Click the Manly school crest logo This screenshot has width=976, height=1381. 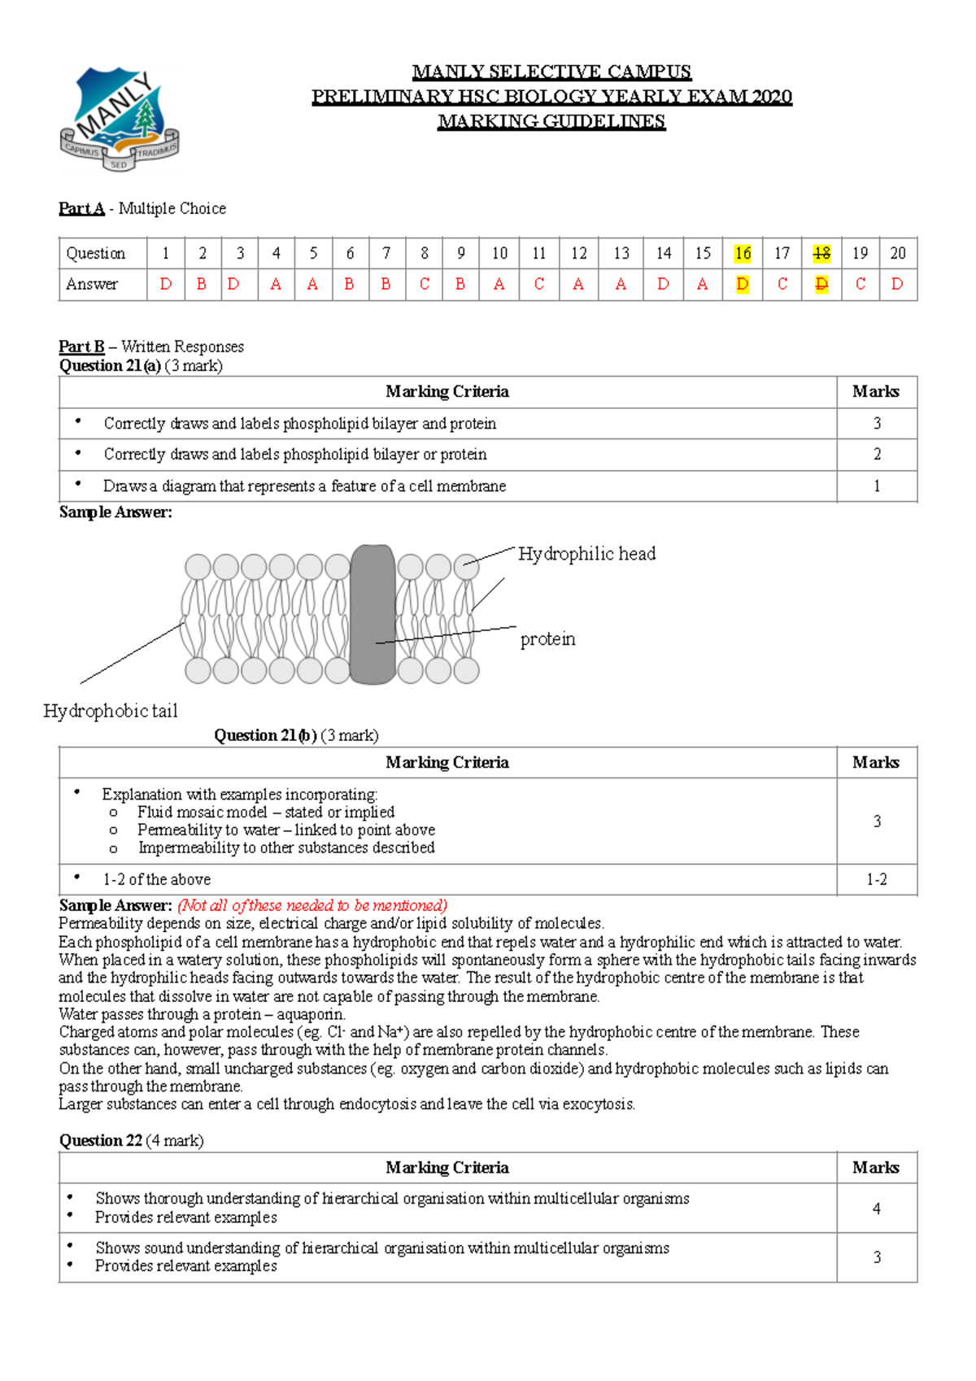pyautogui.click(x=119, y=119)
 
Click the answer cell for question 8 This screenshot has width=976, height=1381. pyautogui.click(x=424, y=284)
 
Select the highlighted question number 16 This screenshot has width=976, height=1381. pyautogui.click(x=742, y=254)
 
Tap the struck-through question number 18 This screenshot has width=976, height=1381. pyautogui.click(x=821, y=254)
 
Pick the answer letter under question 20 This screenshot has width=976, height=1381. pyautogui.click(x=896, y=284)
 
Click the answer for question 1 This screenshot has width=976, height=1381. pyautogui.click(x=166, y=284)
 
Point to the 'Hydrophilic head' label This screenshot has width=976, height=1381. pyautogui.click(x=586, y=554)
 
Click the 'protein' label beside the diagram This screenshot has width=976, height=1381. pyautogui.click(x=547, y=639)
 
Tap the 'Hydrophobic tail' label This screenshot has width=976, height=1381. pyautogui.click(x=111, y=711)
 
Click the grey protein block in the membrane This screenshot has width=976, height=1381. pyautogui.click(x=373, y=614)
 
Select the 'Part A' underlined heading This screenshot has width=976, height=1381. pyautogui.click(x=81, y=208)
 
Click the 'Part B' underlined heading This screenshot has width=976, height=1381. pyautogui.click(x=81, y=346)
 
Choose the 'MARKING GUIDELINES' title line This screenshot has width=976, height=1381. pyautogui.click(x=551, y=121)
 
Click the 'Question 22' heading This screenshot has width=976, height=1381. pyautogui.click(x=101, y=1140)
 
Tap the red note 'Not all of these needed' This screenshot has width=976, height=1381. pyautogui.click(x=312, y=905)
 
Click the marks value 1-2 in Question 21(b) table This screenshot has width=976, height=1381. pyautogui.click(x=876, y=879)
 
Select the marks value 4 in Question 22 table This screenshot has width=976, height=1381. pyautogui.click(x=876, y=1209)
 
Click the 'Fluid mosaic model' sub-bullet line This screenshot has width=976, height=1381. pyautogui.click(x=266, y=812)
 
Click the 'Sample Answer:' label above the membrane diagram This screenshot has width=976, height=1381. pyautogui.click(x=115, y=512)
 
